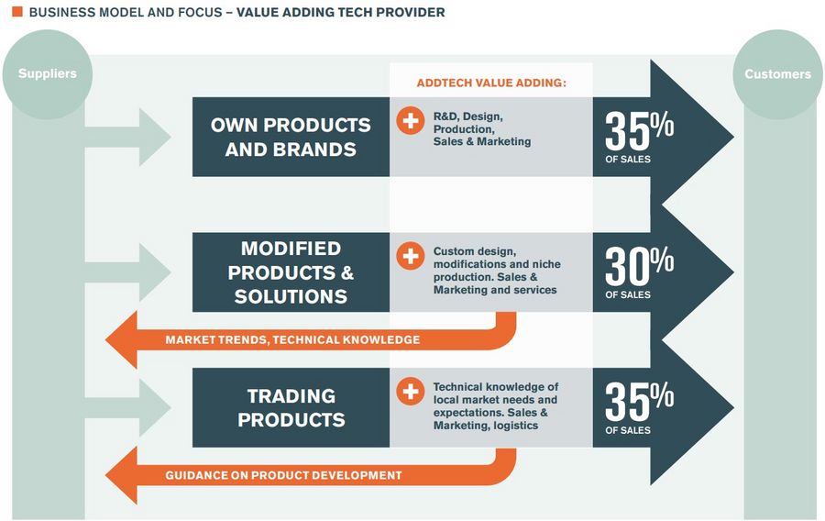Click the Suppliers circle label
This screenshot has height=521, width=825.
coord(48,73)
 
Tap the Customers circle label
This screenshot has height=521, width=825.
coord(777,74)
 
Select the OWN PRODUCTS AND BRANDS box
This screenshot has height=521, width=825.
coord(291,137)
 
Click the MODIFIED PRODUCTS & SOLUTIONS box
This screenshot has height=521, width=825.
coord(291,272)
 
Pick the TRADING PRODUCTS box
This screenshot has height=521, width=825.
coord(291,407)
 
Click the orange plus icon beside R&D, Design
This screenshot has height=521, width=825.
coord(411,120)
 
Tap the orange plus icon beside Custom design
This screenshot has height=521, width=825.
coord(411,256)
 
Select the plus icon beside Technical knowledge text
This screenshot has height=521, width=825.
coord(411,392)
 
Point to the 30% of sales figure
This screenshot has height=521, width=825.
coord(639,272)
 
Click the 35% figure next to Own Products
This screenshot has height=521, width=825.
coord(639,137)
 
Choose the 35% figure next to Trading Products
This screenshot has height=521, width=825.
coord(639,408)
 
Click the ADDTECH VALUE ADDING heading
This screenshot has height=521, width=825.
coord(491,83)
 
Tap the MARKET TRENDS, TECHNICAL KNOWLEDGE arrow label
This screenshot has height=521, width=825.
coord(292,340)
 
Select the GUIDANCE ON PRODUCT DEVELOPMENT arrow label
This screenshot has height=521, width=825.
coord(283,475)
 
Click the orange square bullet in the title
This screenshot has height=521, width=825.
coord(17,11)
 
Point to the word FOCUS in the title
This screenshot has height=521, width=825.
coord(201,12)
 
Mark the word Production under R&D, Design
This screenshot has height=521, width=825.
coord(464,129)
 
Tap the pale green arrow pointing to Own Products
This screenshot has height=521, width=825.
coord(127,137)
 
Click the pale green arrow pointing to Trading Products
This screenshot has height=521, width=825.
coord(127,407)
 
